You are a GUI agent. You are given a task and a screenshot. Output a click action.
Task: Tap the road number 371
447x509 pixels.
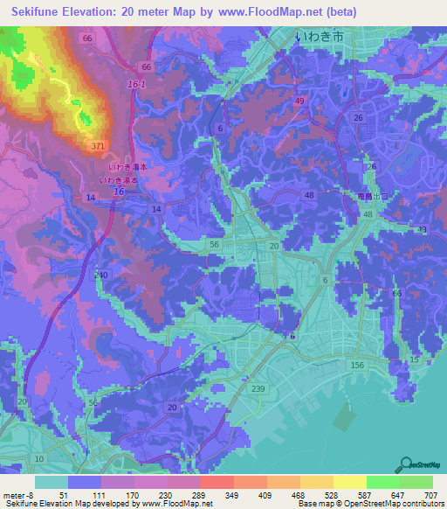(98, 145)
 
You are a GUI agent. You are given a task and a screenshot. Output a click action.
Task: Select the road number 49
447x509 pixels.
(300, 101)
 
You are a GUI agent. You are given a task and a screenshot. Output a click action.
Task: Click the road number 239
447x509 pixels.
(258, 388)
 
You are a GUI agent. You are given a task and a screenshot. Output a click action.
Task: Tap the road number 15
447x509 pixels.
(414, 359)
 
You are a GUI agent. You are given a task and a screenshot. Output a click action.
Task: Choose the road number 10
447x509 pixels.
(39, 458)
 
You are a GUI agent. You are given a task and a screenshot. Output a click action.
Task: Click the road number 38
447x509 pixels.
(423, 229)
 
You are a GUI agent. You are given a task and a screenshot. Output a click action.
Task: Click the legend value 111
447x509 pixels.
(99, 494)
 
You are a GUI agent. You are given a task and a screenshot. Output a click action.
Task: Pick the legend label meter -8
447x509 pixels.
(18, 494)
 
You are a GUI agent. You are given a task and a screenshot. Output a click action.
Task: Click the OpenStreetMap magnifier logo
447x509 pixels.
(403, 464)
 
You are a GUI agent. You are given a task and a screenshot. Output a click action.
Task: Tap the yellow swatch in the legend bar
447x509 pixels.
(349, 482)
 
